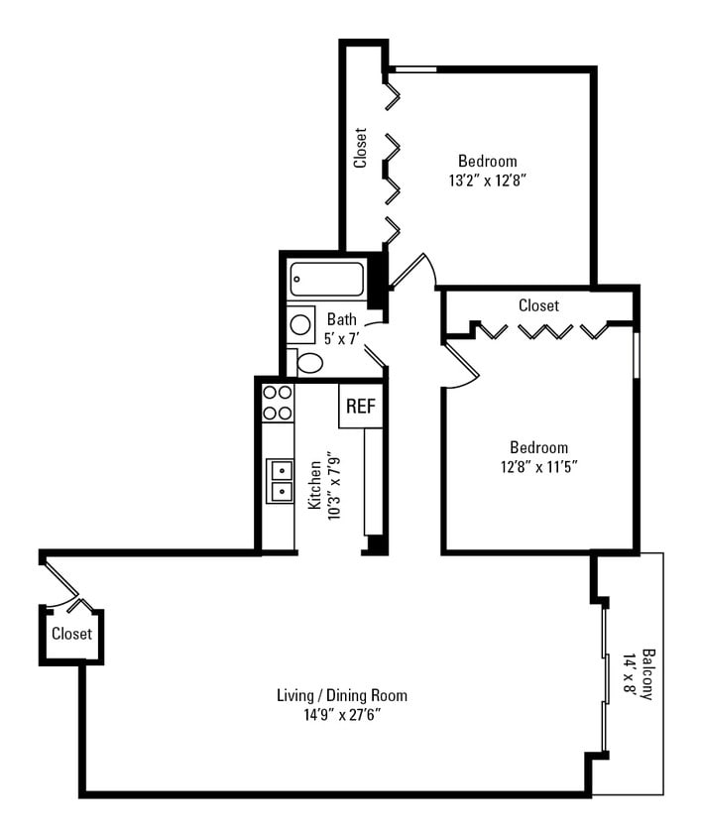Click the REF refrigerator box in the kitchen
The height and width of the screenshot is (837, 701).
(361, 407)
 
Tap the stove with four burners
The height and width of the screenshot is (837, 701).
(278, 403)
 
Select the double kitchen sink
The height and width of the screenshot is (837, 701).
(280, 480)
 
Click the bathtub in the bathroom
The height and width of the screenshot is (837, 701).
(326, 280)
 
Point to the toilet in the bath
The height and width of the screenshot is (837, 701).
(307, 362)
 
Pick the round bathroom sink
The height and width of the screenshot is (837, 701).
(300, 324)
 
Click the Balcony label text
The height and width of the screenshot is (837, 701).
(647, 674)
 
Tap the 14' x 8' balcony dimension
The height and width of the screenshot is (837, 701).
(631, 674)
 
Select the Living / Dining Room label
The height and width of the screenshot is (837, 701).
(342, 695)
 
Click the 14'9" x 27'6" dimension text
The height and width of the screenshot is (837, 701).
(342, 714)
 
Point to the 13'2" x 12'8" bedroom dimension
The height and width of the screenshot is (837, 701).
(486, 180)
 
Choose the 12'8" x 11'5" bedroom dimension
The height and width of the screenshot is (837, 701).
(538, 466)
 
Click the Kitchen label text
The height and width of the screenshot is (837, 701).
(314, 484)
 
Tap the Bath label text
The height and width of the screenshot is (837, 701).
(342, 319)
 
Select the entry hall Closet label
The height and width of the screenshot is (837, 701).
(71, 634)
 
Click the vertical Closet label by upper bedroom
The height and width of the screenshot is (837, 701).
(361, 147)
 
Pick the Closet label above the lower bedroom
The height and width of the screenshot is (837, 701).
(538, 305)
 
